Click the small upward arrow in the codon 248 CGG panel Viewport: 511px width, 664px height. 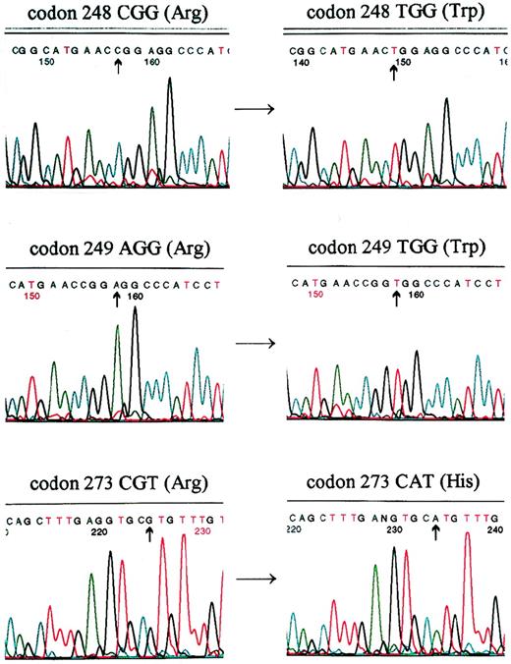click(x=118, y=66)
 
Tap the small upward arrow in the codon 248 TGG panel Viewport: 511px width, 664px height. click(x=394, y=71)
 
